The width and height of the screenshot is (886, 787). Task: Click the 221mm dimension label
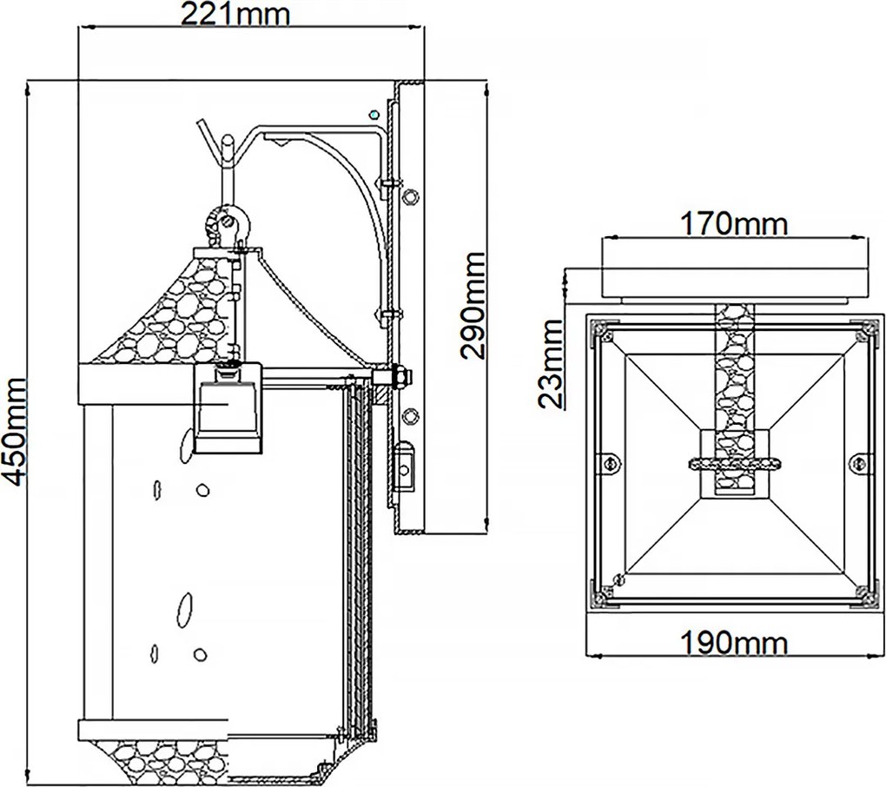coord(235,15)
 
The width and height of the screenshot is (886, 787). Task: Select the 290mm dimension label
coord(473,306)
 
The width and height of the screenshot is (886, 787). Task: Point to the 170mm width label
coord(733,224)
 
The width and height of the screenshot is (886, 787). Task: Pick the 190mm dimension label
coord(733,643)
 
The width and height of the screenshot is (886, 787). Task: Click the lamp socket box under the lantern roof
coord(228,408)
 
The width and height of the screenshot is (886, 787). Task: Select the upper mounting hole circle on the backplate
coord(410,196)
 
